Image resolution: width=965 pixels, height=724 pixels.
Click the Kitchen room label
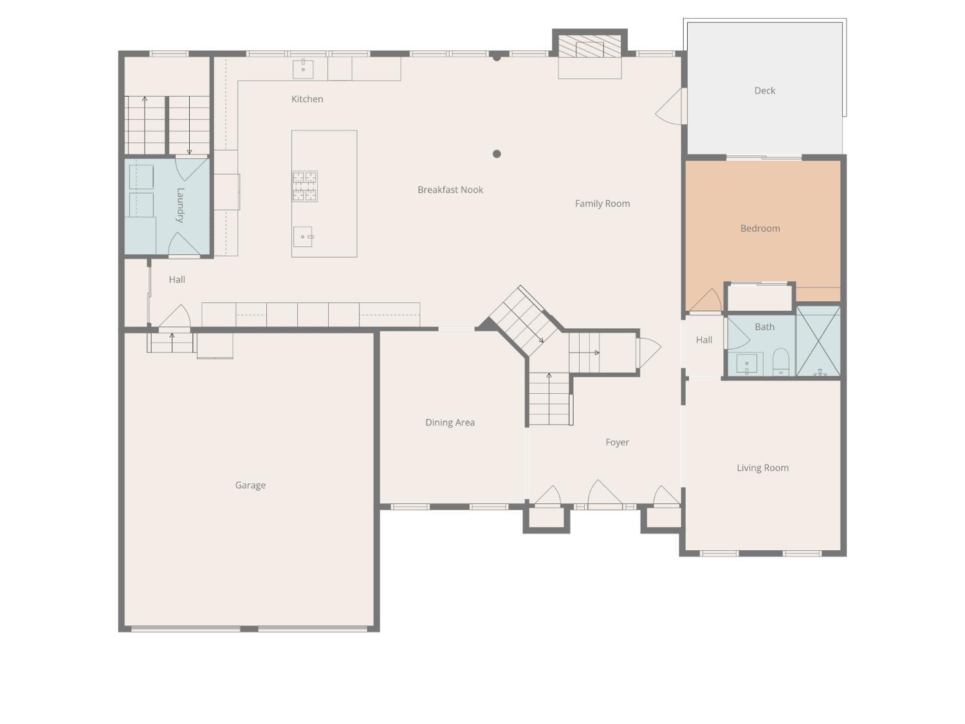(x=307, y=99)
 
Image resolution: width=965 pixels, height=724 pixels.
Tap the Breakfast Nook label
(x=450, y=190)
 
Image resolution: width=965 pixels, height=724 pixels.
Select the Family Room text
(x=602, y=203)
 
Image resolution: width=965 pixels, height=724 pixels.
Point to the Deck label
(x=764, y=91)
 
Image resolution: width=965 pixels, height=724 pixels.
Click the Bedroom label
(x=760, y=228)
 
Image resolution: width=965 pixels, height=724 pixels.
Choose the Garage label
(x=250, y=485)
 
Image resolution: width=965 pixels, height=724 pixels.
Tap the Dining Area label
(x=450, y=423)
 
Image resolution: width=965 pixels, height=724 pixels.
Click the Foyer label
(x=617, y=442)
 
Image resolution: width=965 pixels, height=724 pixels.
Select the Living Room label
(x=762, y=468)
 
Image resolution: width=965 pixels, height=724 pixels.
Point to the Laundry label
(x=180, y=205)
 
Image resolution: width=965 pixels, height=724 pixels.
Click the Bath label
(x=764, y=327)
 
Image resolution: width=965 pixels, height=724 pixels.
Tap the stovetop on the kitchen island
(x=305, y=187)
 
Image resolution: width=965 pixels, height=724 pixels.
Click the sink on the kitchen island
(x=303, y=237)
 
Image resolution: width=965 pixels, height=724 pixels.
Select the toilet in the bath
(x=780, y=362)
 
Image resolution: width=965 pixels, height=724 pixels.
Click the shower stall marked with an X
(x=818, y=340)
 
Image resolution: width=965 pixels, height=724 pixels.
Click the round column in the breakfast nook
(x=497, y=154)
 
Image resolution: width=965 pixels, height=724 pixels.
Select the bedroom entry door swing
(x=707, y=301)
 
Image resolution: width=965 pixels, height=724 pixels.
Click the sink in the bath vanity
(x=746, y=364)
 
